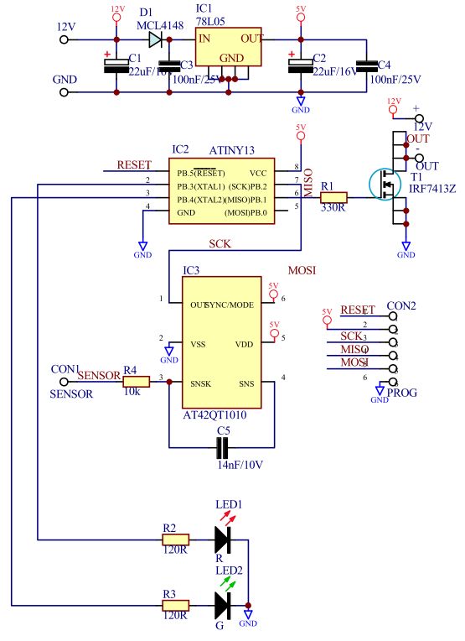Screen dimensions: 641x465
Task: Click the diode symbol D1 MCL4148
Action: [x=155, y=38]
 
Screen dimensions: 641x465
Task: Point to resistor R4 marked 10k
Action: [x=135, y=382]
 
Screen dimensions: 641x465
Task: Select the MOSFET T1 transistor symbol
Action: [x=384, y=185]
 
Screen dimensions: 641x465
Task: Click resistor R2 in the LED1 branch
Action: [x=176, y=539]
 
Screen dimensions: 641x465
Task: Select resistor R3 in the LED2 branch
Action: [x=176, y=604]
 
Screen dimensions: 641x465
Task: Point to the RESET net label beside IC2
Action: [x=134, y=164]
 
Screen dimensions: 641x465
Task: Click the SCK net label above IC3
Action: [x=221, y=243]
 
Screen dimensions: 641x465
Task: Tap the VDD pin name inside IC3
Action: [x=244, y=343]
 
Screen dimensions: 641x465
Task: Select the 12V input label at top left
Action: [x=65, y=27]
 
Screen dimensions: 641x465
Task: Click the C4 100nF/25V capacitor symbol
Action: [x=365, y=66]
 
